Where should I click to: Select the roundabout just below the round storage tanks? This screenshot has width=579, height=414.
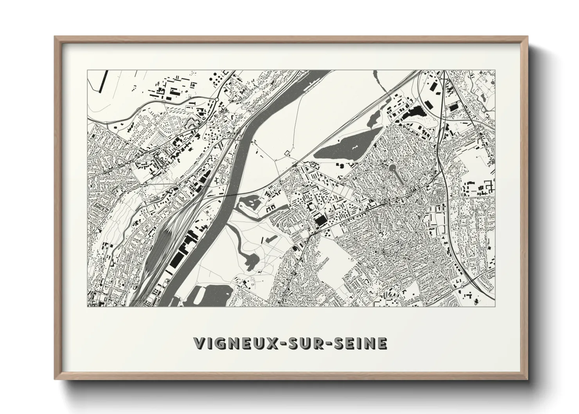point(216,100)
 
